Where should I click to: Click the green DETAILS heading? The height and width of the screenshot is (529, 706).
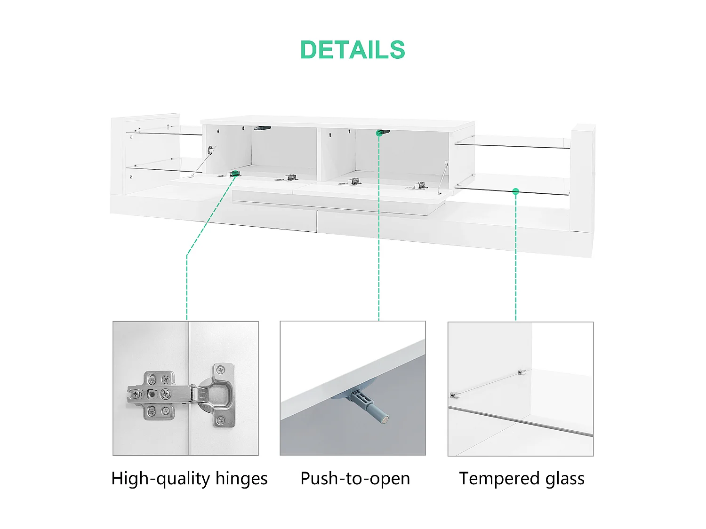353,50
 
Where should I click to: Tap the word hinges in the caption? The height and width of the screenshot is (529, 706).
241,479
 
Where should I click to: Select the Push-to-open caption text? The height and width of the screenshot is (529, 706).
355,479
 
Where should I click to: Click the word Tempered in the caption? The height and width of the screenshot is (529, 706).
499,479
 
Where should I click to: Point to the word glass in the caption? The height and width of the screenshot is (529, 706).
565,479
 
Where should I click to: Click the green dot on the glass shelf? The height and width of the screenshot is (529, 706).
516,191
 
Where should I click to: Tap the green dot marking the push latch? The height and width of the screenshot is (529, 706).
379,133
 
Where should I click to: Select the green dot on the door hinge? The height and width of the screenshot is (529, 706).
234,174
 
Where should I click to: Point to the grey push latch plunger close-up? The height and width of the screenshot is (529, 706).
370,407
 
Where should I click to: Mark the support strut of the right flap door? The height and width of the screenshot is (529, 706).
442,177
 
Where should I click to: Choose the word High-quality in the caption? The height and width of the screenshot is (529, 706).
160,479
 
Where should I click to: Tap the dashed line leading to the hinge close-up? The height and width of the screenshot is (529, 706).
187,287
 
